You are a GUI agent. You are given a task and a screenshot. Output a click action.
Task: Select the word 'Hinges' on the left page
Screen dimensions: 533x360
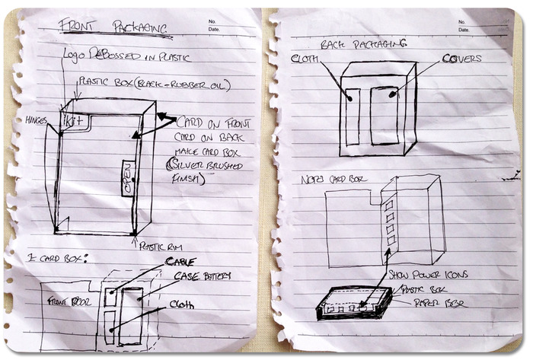point(36,120)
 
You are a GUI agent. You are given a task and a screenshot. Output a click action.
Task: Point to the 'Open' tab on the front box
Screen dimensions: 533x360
point(128,180)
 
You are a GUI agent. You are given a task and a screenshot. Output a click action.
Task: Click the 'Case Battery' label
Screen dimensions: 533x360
point(201,276)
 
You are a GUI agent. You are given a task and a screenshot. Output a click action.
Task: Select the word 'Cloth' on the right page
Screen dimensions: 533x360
point(305,58)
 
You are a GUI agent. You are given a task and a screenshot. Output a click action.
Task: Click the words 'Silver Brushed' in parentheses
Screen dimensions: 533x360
point(193,166)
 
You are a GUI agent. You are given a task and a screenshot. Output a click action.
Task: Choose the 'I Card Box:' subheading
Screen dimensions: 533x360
point(56,256)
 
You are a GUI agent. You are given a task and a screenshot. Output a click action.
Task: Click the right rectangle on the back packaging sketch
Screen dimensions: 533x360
point(384,115)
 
